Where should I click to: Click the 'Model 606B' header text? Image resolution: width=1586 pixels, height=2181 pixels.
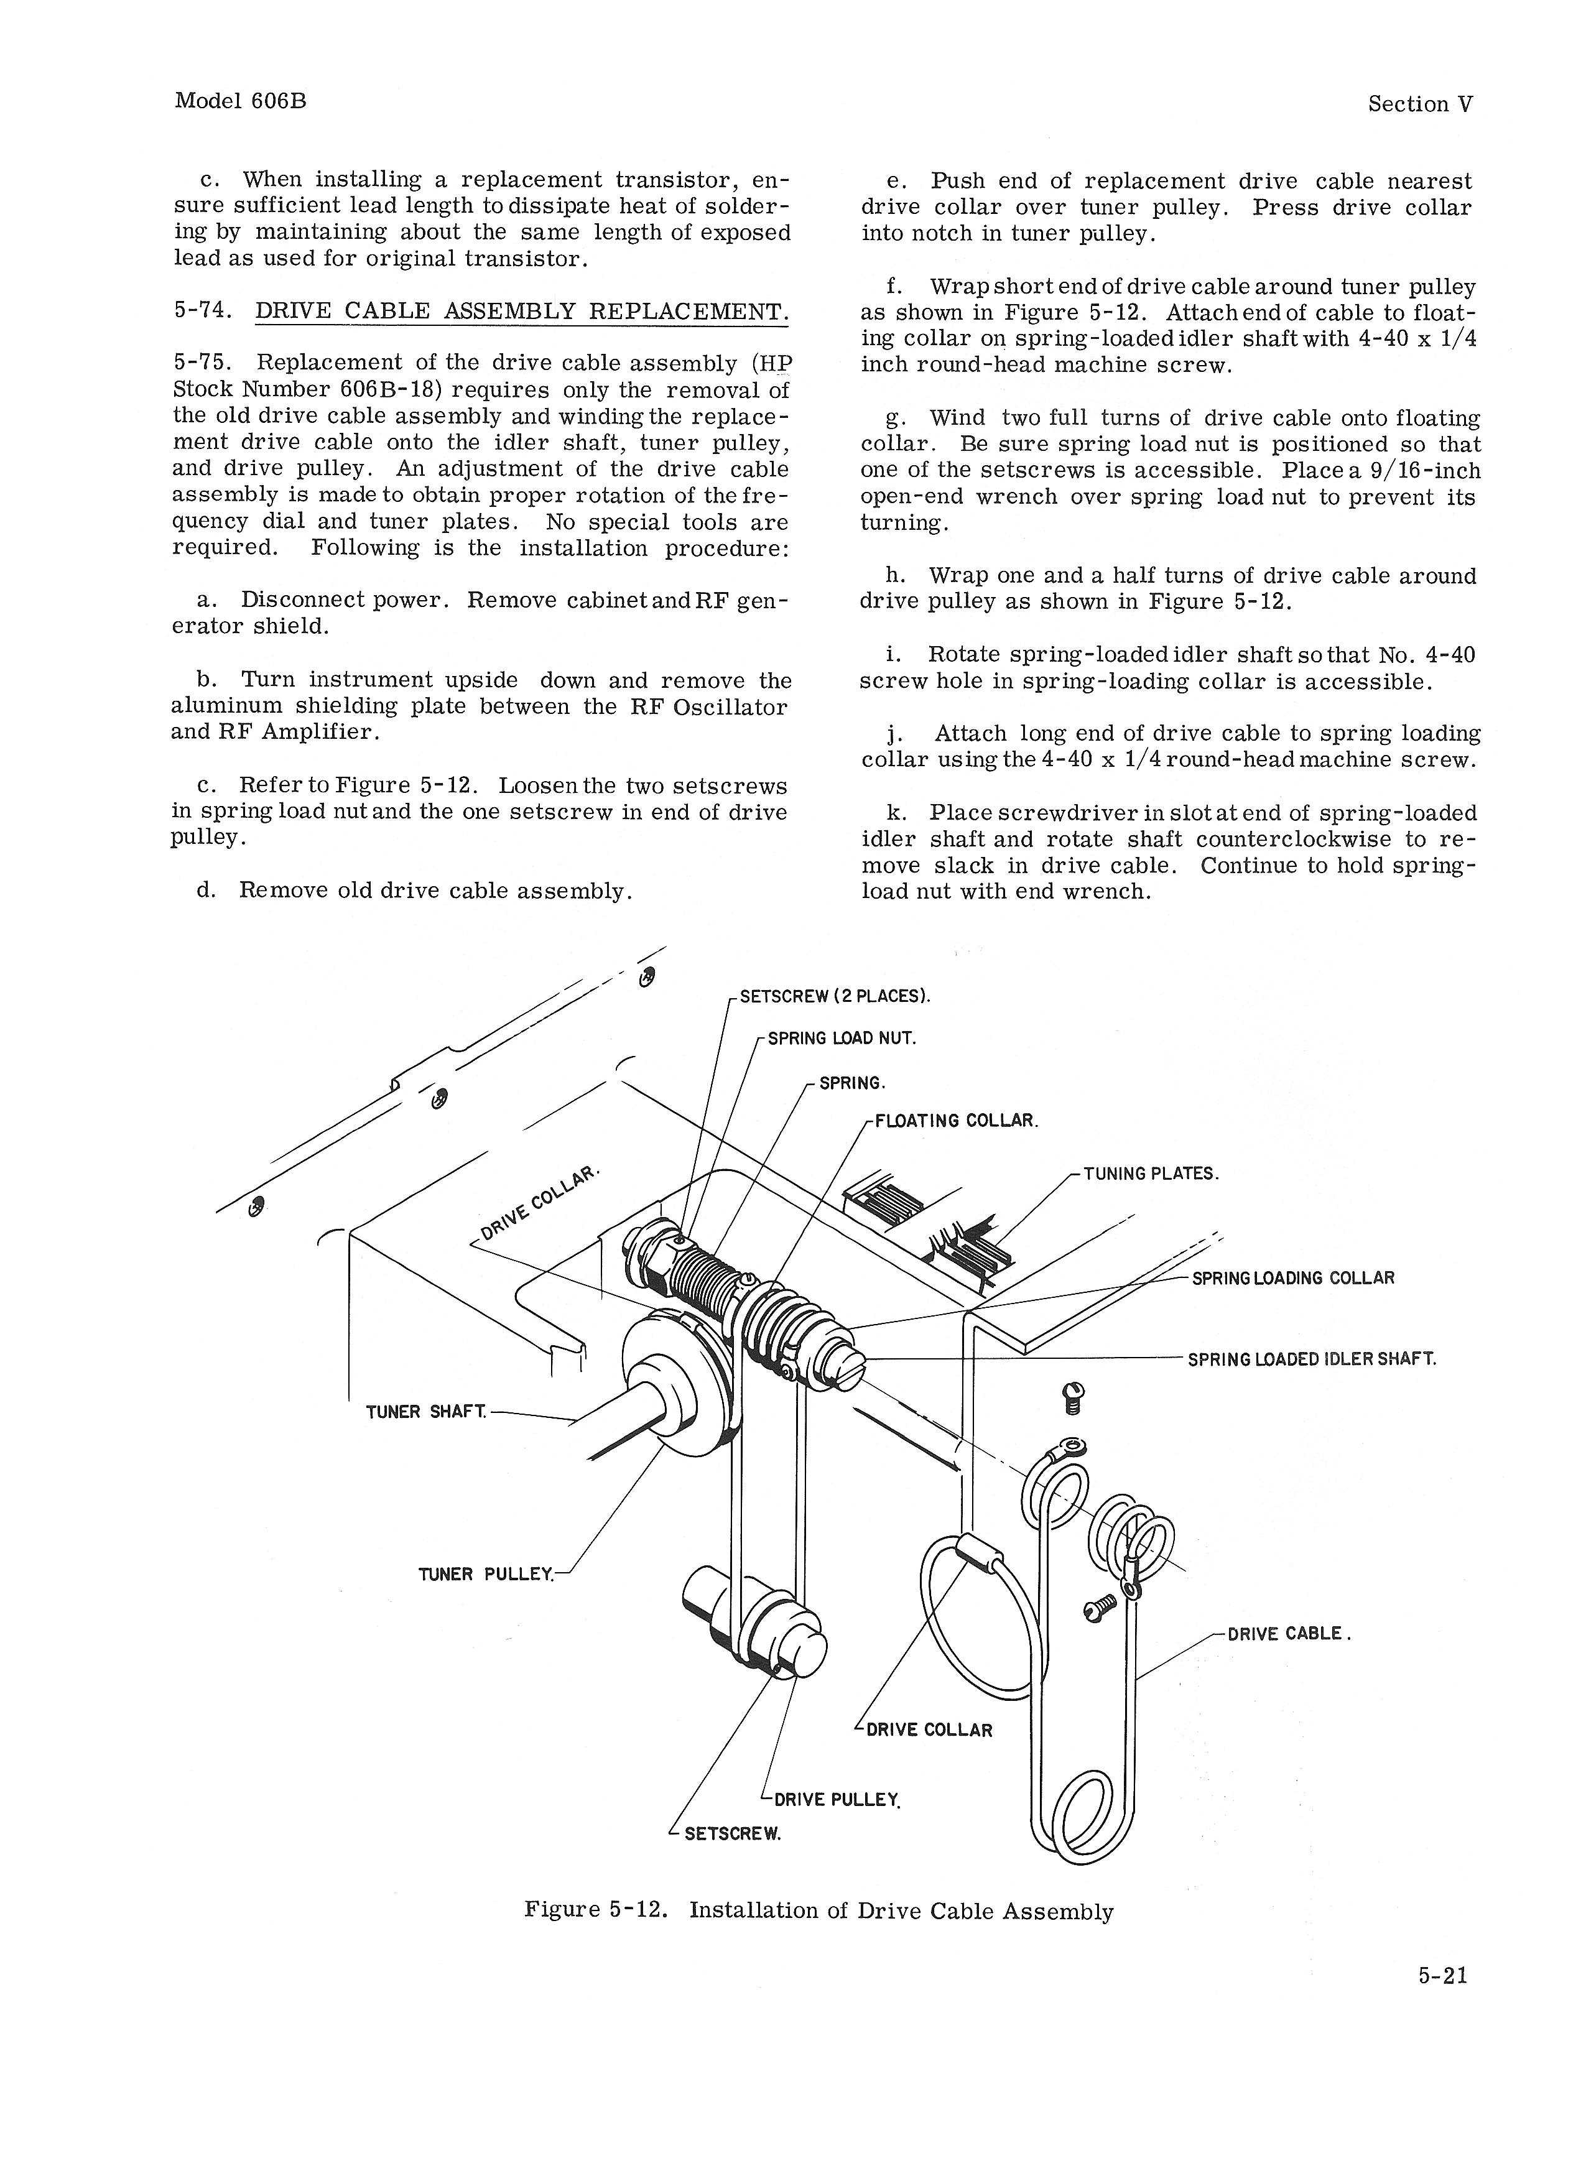point(241,101)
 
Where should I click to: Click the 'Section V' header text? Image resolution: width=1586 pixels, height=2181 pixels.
point(1419,104)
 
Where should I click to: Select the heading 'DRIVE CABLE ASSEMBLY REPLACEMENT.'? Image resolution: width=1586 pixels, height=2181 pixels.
point(521,312)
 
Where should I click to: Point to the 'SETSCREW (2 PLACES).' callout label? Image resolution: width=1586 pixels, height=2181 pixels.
point(834,995)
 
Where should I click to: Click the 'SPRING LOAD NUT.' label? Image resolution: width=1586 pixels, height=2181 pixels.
point(841,1039)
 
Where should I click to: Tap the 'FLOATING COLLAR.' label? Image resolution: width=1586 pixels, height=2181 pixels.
point(956,1121)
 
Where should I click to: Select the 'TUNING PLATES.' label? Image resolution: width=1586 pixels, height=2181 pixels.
point(1150,1174)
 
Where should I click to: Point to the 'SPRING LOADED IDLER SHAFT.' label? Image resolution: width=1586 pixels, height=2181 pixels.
point(1311,1359)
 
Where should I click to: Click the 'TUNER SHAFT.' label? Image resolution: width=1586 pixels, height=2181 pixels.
point(426,1412)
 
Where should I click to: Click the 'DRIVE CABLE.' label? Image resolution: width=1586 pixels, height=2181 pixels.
point(1289,1634)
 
